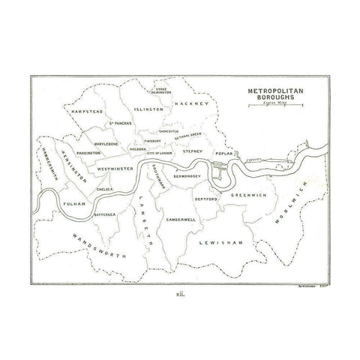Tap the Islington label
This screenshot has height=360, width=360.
148,109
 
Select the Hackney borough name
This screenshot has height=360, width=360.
189,103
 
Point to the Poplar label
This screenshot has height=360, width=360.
225,153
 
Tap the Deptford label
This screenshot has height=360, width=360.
205,200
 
